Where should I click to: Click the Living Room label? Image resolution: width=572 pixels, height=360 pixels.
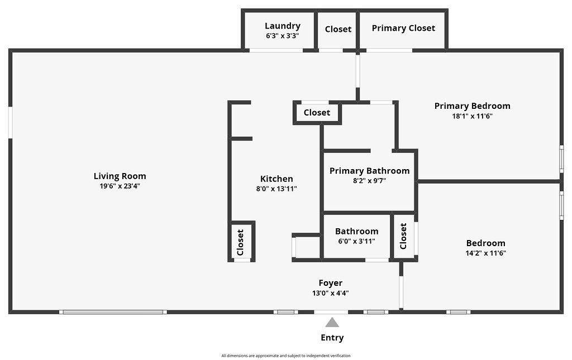(x=120, y=176)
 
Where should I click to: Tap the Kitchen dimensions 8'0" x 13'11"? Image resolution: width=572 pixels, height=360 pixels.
(x=277, y=189)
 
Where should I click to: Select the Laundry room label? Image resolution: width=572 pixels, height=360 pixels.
(x=282, y=26)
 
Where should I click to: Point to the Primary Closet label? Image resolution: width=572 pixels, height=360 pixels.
(x=403, y=28)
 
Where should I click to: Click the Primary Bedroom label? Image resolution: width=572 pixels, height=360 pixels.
(x=472, y=106)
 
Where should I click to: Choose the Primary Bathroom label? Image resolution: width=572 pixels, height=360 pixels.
(x=369, y=171)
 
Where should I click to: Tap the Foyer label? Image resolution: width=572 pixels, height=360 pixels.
(x=331, y=283)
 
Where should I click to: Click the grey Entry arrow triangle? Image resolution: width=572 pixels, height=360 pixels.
(x=332, y=322)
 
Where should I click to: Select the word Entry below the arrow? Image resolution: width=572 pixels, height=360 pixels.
(x=332, y=338)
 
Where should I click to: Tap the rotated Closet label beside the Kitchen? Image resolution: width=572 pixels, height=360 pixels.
(x=241, y=242)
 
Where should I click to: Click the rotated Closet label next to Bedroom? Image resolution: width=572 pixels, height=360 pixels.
(x=403, y=236)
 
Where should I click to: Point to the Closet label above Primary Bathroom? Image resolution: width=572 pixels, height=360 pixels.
(x=317, y=113)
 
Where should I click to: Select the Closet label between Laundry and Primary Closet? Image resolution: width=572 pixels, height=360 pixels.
(x=338, y=29)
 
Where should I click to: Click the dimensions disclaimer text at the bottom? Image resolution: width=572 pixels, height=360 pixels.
(x=286, y=356)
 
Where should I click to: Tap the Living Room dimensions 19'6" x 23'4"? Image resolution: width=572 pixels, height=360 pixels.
(x=120, y=186)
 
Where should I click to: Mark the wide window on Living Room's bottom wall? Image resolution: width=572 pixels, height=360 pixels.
(x=113, y=311)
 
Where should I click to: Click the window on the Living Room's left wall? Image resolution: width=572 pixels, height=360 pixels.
(x=10, y=122)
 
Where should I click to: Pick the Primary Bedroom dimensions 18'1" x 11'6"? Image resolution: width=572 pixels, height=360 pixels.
(x=472, y=116)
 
